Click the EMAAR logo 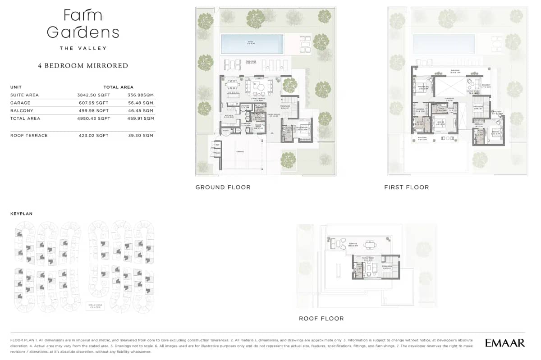[x=505, y=343]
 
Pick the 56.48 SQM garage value [x=141, y=103]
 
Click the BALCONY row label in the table [x=22, y=111]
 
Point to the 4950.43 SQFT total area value [x=93, y=118]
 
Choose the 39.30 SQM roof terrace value [x=141, y=136]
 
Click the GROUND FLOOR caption [x=223, y=187]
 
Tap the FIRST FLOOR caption [x=406, y=187]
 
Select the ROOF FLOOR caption [x=321, y=319]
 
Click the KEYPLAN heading [x=21, y=214]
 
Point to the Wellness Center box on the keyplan [x=95, y=306]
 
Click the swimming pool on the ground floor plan [x=252, y=44]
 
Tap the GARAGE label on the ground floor [x=240, y=152]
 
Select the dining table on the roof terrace [x=370, y=245]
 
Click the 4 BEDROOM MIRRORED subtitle [x=83, y=66]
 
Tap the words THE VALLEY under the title [x=83, y=48]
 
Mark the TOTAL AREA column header [x=118, y=87]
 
